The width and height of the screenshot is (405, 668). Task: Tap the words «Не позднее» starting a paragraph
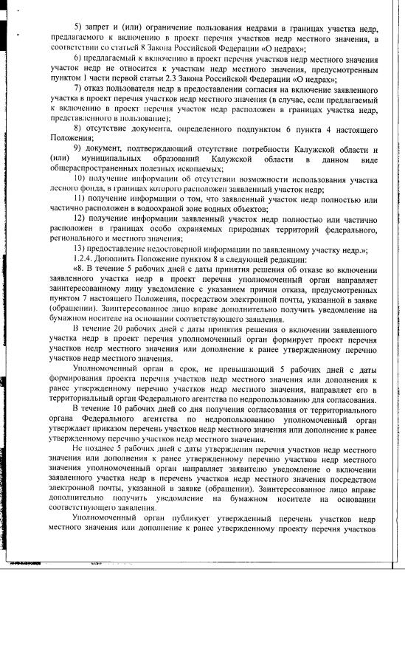(89, 448)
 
